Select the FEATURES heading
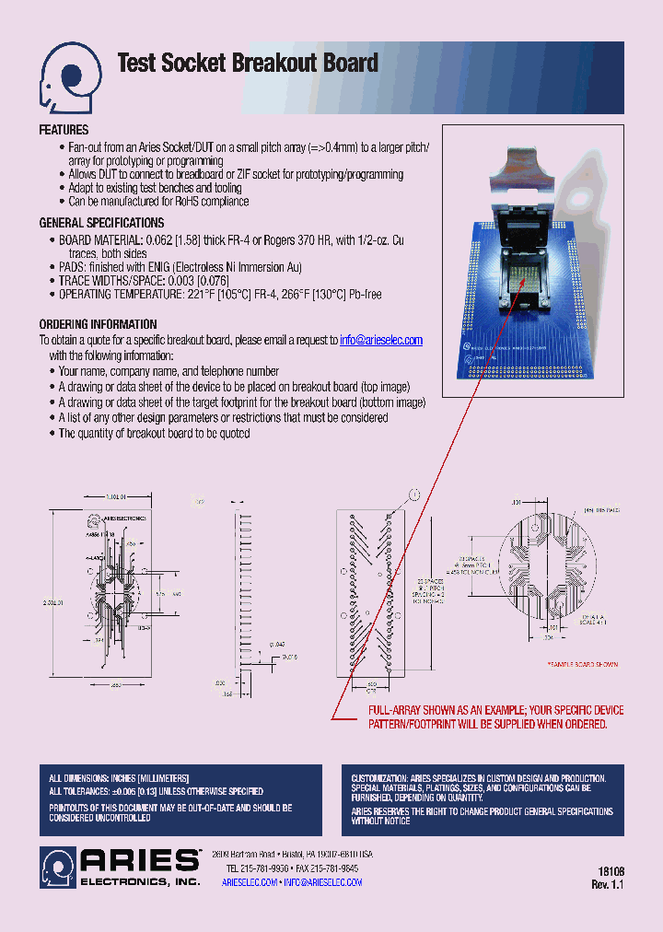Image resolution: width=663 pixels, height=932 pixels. click(64, 131)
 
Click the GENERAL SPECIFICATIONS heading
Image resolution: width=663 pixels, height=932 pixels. click(101, 223)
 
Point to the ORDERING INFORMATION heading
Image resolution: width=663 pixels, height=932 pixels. click(98, 324)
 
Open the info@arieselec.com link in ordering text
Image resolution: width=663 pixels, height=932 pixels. click(381, 340)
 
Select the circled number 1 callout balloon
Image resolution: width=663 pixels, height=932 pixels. click(414, 495)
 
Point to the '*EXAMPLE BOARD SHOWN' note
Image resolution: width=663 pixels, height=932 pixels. click(583, 664)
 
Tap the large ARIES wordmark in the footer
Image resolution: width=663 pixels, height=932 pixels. click(141, 860)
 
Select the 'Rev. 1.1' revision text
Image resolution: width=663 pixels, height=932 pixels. click(608, 884)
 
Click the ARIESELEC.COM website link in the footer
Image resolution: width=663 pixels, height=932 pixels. click(250, 882)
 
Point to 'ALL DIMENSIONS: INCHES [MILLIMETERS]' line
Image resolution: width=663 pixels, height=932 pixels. click(119, 778)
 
